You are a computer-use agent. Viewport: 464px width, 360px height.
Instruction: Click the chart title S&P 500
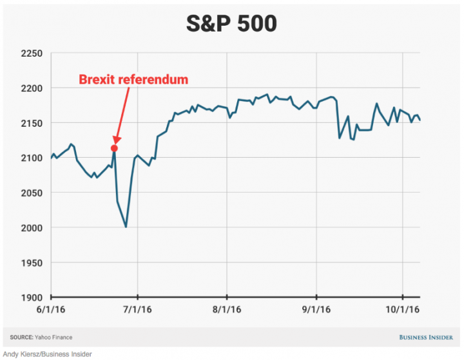pyautogui.click(x=231, y=23)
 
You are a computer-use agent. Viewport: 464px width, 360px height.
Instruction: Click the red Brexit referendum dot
pyautogui.click(x=115, y=148)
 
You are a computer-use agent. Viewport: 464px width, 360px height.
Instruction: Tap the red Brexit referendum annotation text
pyautogui.click(x=133, y=80)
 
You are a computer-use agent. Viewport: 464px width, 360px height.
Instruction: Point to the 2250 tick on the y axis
pyautogui.click(x=30, y=53)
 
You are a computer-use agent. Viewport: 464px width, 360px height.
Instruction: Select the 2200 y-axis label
pyautogui.click(x=30, y=88)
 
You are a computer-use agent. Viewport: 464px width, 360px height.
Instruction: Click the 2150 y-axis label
pyautogui.click(x=30, y=123)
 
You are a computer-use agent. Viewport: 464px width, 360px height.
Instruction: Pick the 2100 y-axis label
pyautogui.click(x=30, y=158)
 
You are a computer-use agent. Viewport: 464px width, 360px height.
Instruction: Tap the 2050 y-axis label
pyautogui.click(x=30, y=193)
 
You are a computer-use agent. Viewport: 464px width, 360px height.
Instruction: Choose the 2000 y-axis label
pyautogui.click(x=30, y=228)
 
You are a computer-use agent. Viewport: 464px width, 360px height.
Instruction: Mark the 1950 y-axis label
pyautogui.click(x=30, y=263)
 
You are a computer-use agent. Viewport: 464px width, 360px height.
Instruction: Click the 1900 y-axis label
pyautogui.click(x=30, y=298)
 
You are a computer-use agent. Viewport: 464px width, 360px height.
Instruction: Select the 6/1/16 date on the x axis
pyautogui.click(x=52, y=310)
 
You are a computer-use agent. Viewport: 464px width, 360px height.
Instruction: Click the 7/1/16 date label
pyautogui.click(x=137, y=310)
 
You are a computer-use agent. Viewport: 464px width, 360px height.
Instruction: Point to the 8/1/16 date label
pyautogui.click(x=227, y=310)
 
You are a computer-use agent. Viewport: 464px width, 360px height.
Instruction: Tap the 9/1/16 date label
pyautogui.click(x=316, y=310)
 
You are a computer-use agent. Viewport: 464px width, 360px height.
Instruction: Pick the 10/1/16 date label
pyautogui.click(x=402, y=310)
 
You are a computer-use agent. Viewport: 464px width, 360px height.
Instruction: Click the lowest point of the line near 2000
pyautogui.click(x=126, y=227)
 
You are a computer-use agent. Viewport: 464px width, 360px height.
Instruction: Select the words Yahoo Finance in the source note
pyautogui.click(x=55, y=337)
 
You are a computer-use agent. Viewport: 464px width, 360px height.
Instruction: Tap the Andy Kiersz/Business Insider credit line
pyautogui.click(x=47, y=354)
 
